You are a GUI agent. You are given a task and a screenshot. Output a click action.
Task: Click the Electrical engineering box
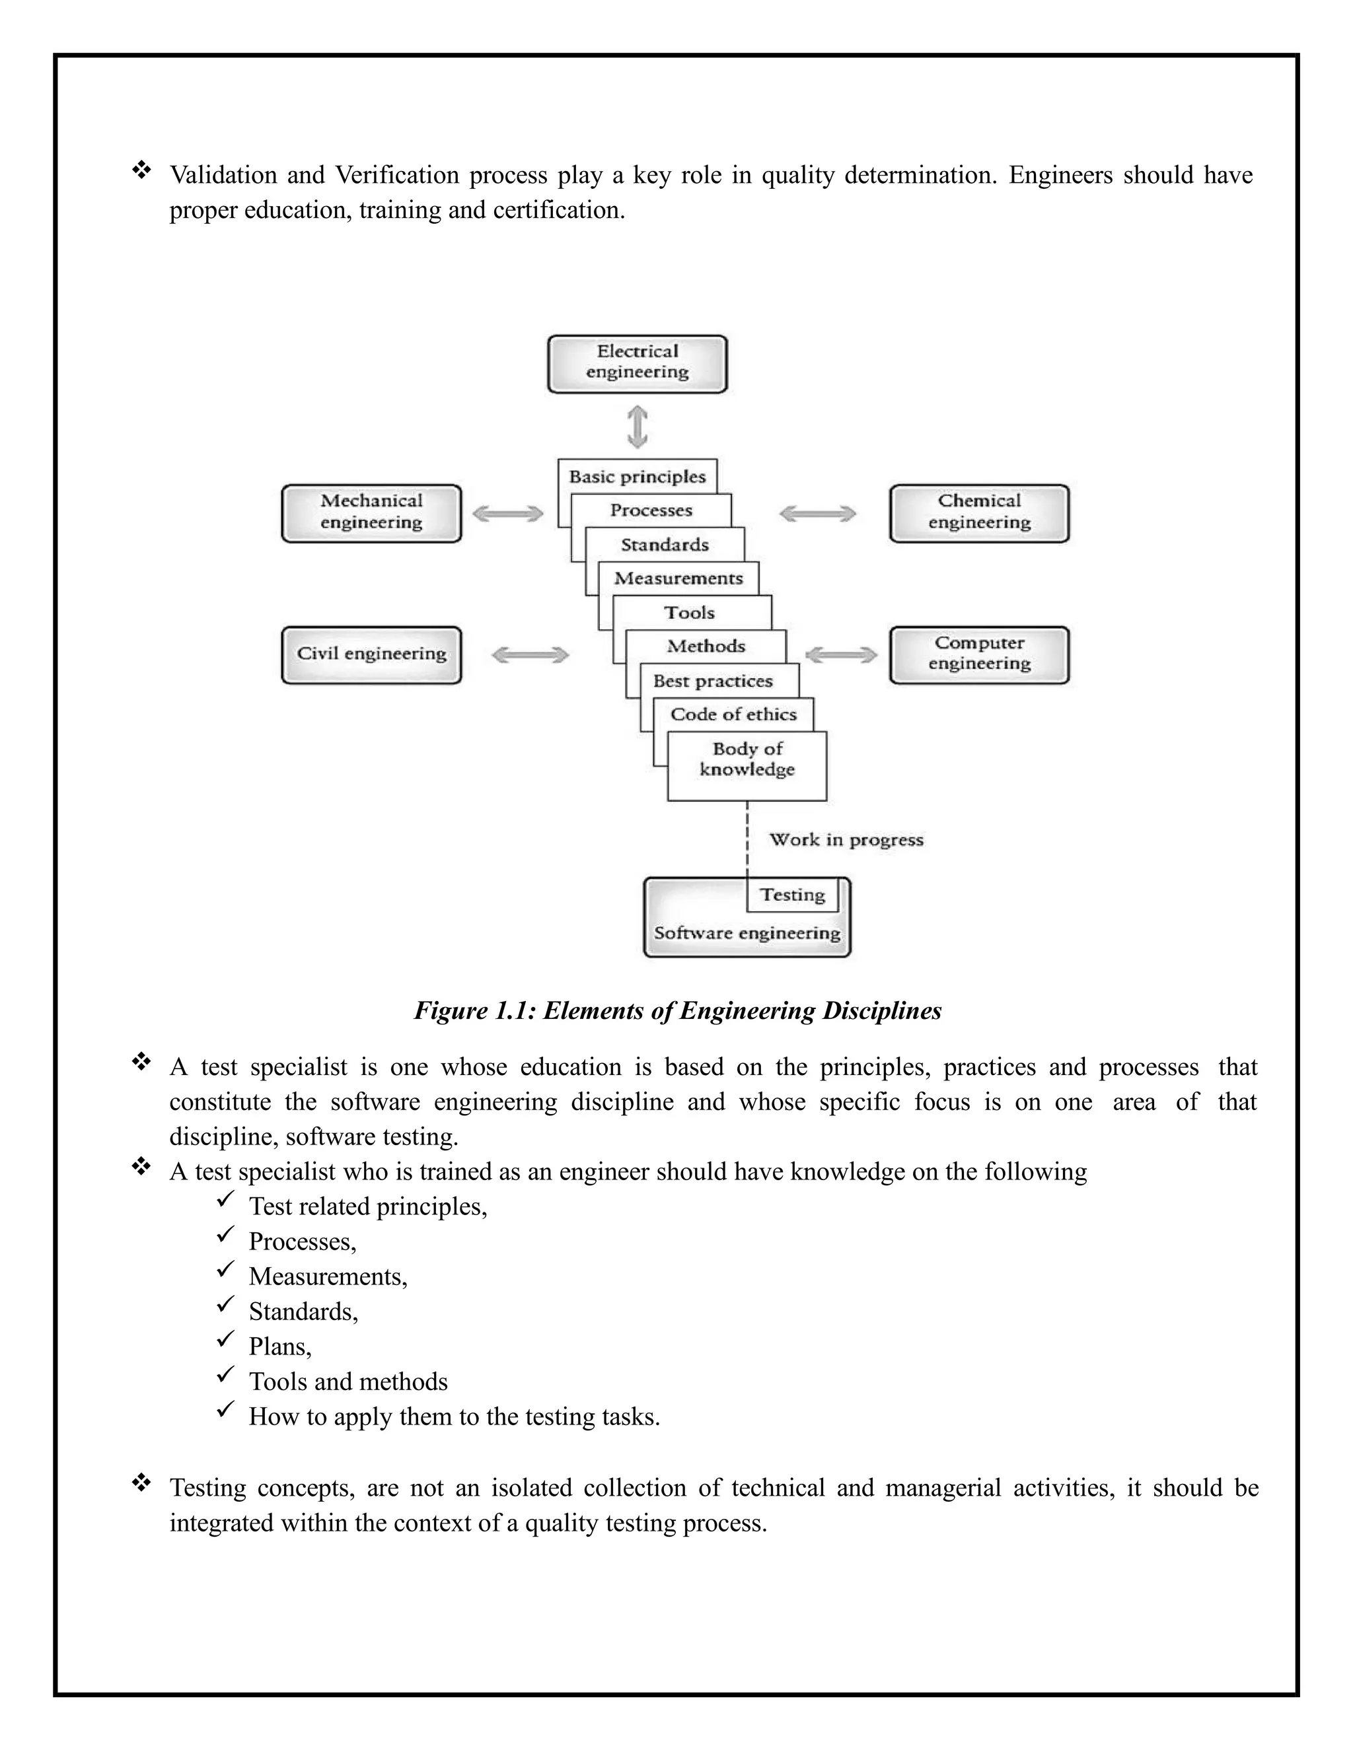click(638, 364)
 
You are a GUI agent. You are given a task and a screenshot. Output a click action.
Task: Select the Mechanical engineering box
click(371, 513)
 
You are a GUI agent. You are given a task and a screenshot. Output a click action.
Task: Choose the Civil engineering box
click(371, 654)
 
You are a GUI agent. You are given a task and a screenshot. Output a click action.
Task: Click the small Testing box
click(792, 895)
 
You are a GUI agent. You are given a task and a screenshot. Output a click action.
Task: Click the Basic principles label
click(638, 477)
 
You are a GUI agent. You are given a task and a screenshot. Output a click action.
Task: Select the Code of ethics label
click(733, 715)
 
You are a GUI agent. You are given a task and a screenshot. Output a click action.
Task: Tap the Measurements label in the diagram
click(678, 578)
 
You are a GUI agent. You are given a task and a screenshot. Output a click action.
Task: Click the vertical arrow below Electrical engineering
click(638, 427)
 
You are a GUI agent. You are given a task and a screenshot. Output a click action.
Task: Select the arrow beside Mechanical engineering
click(508, 514)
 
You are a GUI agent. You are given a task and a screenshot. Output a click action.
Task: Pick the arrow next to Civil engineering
click(530, 656)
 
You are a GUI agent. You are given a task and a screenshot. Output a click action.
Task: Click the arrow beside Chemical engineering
click(818, 514)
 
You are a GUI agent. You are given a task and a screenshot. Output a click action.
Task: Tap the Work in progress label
click(846, 840)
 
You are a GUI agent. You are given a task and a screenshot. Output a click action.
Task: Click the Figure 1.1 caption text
click(677, 1010)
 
